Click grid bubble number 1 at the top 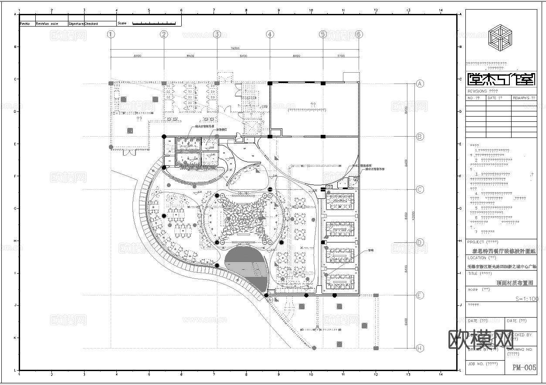tap(111, 34)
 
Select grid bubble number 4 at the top tap(270, 34)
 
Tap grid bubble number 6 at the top tap(359, 34)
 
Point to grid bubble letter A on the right tap(420, 84)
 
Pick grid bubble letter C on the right tap(420, 190)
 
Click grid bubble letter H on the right tap(420, 348)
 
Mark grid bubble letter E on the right tap(420, 295)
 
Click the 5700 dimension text tap(341, 56)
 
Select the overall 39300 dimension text tap(235, 48)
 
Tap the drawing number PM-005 tap(524, 368)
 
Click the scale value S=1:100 tap(526, 299)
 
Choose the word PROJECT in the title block tap(476, 242)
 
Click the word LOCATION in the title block tap(477, 258)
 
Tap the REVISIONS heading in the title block tap(477, 91)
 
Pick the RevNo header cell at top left tap(25, 24)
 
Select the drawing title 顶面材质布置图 tap(515, 283)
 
